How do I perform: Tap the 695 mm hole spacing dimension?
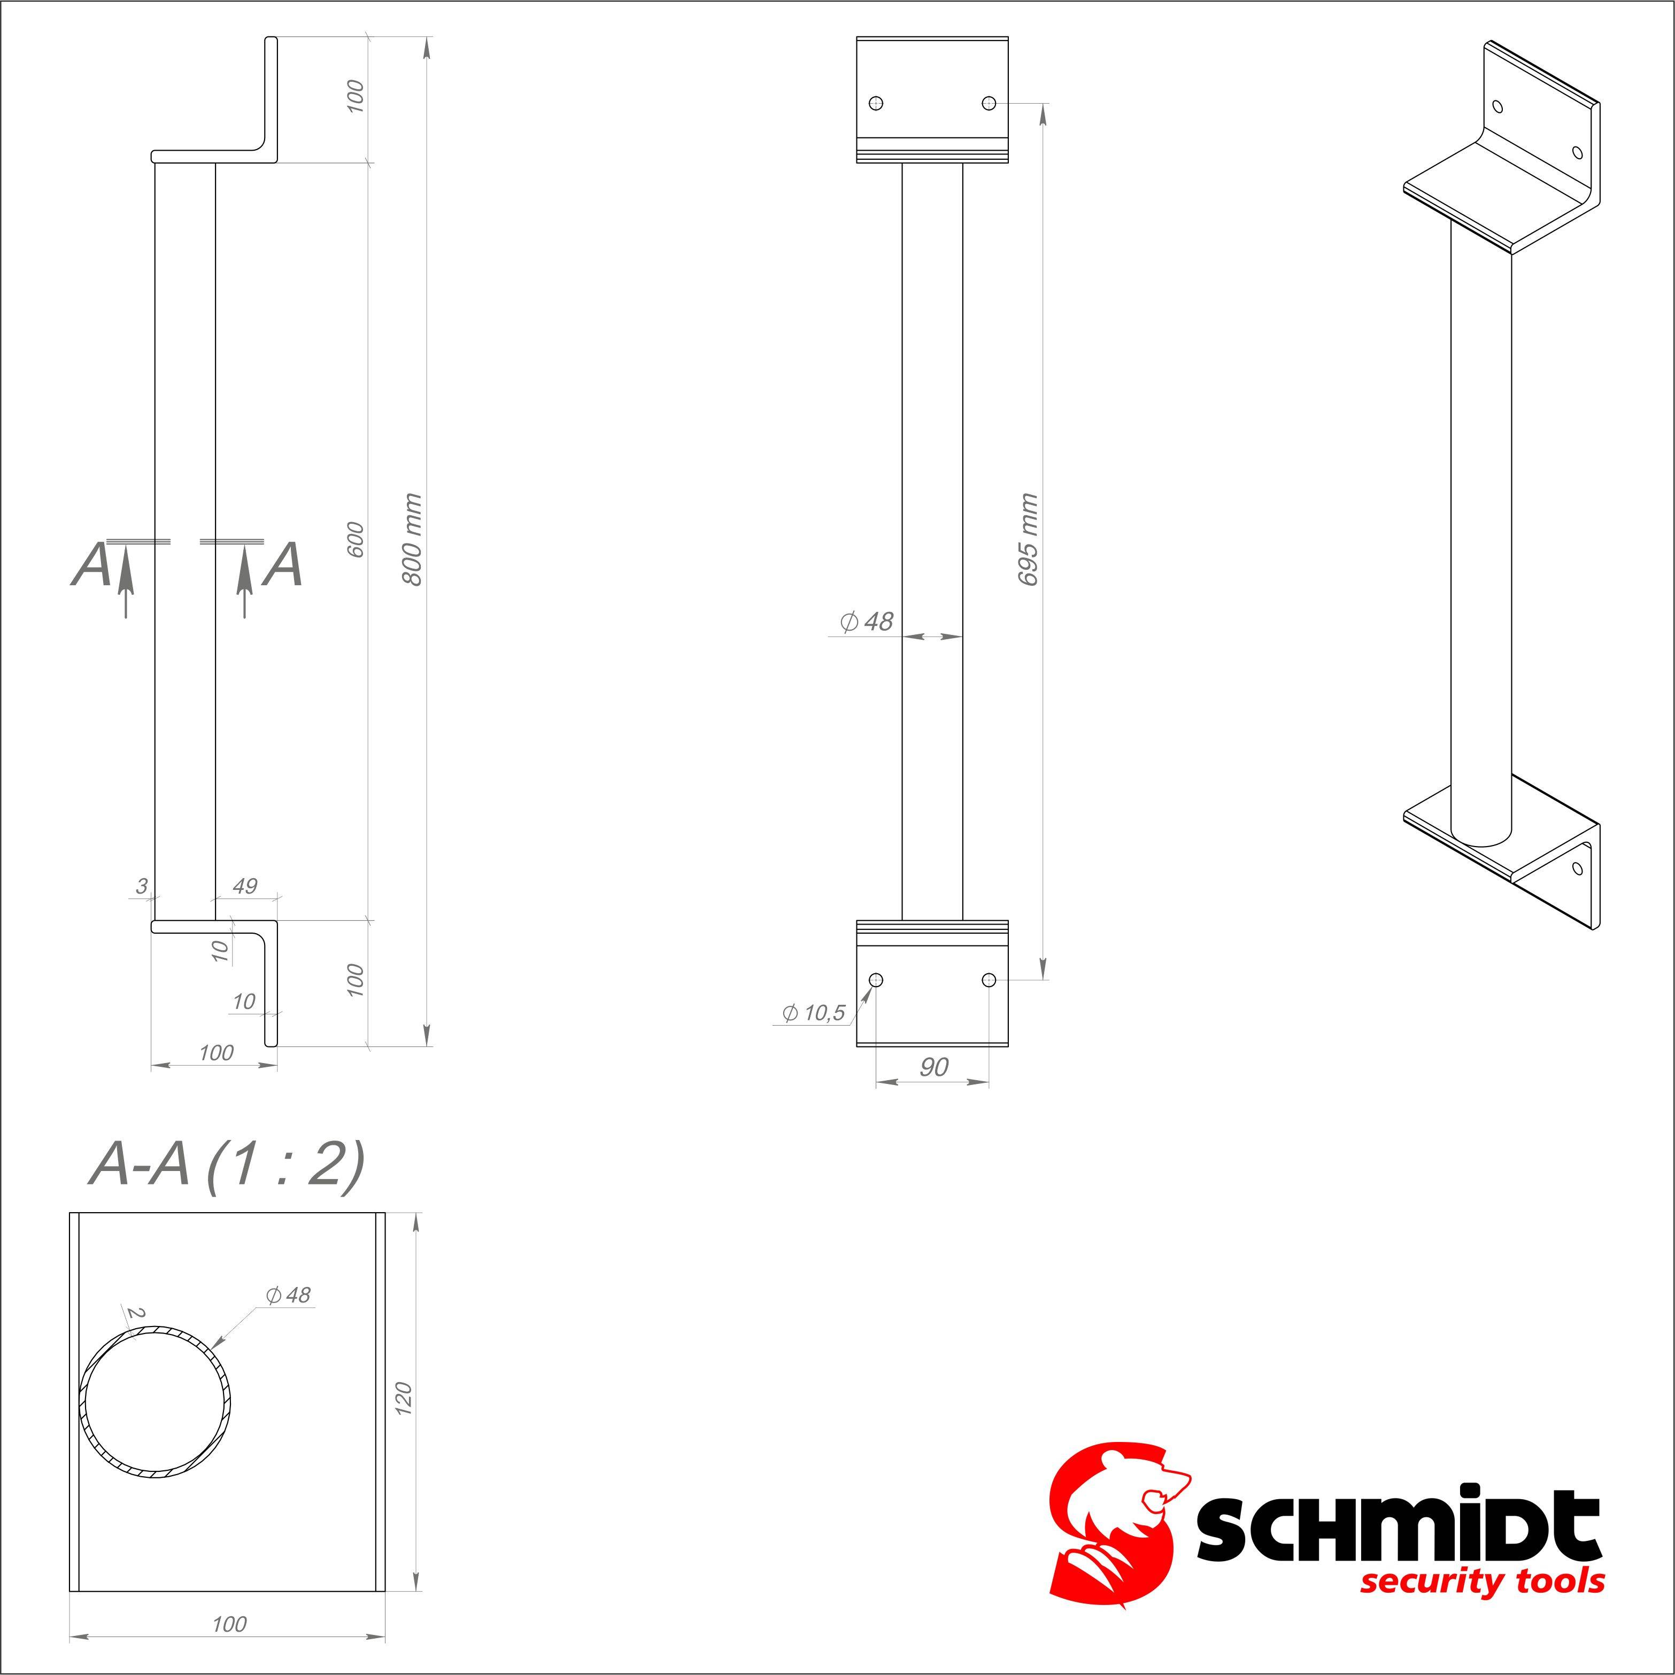(x=1029, y=539)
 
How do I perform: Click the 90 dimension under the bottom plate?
(x=933, y=1067)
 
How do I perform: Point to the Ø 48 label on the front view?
(x=866, y=622)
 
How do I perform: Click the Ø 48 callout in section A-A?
(x=288, y=1295)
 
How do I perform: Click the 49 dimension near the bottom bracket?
(x=245, y=886)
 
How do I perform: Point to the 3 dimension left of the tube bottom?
(x=141, y=886)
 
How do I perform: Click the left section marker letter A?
(x=91, y=565)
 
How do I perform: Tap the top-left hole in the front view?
(x=876, y=103)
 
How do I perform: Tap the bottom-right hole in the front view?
(x=988, y=980)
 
